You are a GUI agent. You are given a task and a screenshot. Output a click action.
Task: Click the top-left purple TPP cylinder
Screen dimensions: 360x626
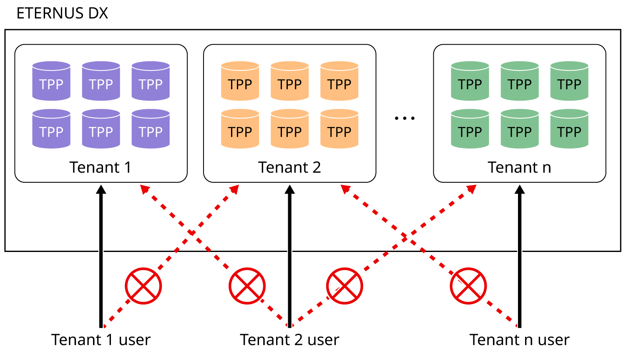[x=51, y=81]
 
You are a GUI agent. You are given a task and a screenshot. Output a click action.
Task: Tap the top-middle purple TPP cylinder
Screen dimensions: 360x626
[x=101, y=81]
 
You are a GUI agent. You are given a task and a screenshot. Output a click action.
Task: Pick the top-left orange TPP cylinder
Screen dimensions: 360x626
[x=240, y=81]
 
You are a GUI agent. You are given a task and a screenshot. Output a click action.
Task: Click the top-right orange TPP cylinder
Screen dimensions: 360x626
[x=339, y=81]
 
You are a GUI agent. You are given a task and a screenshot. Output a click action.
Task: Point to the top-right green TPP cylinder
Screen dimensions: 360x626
[x=569, y=81]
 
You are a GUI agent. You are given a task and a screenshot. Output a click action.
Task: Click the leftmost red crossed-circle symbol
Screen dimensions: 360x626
[x=143, y=286]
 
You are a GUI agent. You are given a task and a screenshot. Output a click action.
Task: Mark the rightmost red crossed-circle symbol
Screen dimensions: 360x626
[x=468, y=286]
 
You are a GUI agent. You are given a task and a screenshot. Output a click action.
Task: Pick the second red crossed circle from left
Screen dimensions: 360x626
[x=247, y=286]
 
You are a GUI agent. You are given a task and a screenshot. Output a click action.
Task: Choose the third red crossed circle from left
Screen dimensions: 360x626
[x=344, y=286]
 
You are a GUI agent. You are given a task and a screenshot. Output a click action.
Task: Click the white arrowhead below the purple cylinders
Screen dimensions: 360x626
[x=101, y=213]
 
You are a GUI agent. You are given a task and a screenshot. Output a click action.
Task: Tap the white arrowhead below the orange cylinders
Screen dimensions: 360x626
[x=289, y=213]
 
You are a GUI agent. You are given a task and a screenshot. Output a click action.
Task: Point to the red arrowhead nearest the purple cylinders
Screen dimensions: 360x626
[x=144, y=189]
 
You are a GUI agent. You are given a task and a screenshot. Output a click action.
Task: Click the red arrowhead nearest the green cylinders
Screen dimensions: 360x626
[x=472, y=189]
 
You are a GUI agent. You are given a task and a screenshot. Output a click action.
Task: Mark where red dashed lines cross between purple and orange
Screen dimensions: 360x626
[x=191, y=233]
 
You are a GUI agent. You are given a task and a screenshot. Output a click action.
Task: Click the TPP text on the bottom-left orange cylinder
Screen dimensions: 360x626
[x=240, y=132]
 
